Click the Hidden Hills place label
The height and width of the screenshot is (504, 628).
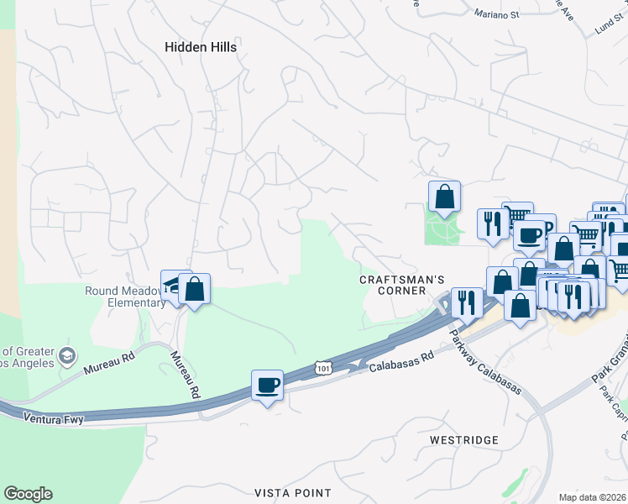click(201, 47)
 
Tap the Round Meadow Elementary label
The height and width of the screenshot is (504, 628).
click(125, 297)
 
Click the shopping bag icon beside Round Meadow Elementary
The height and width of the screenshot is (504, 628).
click(195, 289)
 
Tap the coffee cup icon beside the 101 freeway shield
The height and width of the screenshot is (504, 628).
click(268, 385)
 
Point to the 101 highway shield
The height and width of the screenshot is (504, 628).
click(322, 368)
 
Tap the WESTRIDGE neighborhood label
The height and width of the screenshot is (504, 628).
click(463, 440)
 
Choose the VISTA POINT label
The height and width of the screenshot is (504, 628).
click(293, 492)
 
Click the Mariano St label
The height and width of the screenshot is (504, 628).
click(497, 13)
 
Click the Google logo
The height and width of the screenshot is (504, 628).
click(28, 494)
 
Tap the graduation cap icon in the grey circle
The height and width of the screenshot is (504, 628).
click(67, 357)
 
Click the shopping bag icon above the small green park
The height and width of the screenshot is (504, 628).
click(445, 197)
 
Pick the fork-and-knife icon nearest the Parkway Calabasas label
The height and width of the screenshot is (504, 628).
click(466, 302)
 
